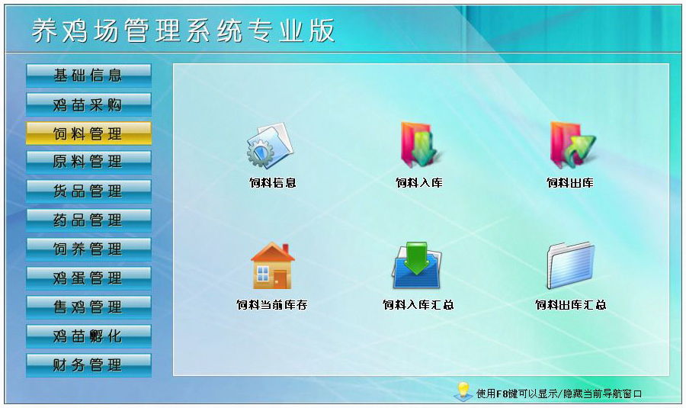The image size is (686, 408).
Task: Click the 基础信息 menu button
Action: [88, 75]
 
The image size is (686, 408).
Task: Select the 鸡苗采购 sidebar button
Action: [88, 104]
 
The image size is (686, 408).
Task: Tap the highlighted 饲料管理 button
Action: [88, 133]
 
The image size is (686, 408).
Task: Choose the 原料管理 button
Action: [88, 162]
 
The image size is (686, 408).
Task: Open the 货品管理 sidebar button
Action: [88, 191]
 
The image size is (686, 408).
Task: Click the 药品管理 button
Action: [88, 220]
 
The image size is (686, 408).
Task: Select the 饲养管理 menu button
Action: [88, 249]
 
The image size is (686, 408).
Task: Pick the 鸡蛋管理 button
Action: [88, 278]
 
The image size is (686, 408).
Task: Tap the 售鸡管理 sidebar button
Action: [88, 307]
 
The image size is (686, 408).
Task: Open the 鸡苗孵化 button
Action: [88, 336]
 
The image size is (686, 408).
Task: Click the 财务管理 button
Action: [88, 365]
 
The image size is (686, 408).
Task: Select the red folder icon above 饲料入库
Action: [419, 145]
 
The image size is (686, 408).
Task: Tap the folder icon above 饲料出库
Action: [571, 145]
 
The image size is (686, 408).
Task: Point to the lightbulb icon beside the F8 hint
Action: [462, 391]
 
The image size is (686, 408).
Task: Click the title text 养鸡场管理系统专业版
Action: [183, 31]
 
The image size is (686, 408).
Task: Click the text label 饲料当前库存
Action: [271, 305]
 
